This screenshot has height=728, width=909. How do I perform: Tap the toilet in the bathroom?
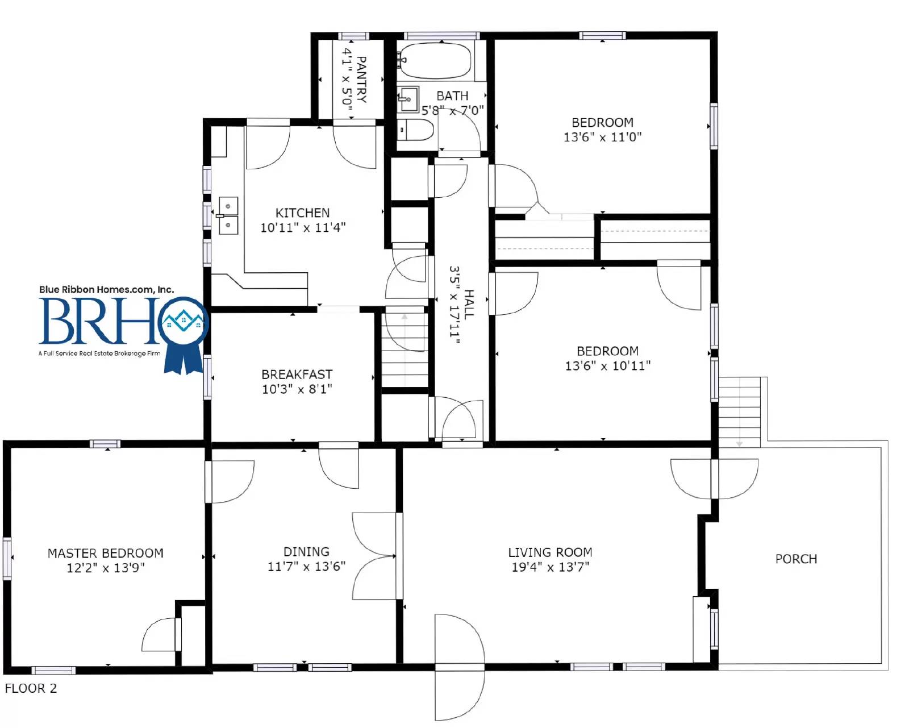point(416,130)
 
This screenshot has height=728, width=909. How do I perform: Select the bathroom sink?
point(408,99)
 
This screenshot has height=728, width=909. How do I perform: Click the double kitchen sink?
point(228,215)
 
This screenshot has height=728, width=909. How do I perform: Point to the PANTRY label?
point(361,80)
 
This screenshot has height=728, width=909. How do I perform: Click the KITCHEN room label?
point(302,213)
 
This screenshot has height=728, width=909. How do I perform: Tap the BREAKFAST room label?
point(297,375)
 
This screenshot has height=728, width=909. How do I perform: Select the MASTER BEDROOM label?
point(106,553)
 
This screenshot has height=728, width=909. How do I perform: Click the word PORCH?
point(796,559)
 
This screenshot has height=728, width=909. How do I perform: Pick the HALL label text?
point(469,304)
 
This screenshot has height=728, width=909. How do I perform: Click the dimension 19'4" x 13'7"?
point(551,567)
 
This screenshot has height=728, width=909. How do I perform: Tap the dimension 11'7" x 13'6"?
point(307,566)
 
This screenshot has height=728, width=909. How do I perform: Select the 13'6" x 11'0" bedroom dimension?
point(603,137)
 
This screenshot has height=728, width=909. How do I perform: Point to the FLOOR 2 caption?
point(31,688)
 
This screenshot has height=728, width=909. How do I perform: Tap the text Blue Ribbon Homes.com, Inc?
point(106,289)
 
